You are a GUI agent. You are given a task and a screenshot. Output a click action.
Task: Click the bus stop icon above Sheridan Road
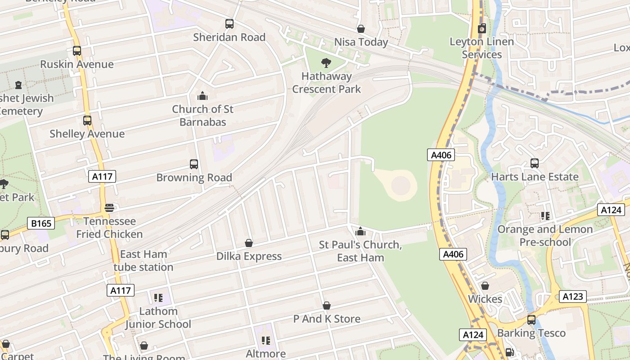point(229,24)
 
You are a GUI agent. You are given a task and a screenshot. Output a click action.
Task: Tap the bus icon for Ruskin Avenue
point(77,51)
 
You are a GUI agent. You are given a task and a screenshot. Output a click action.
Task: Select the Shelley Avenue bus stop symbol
point(87,121)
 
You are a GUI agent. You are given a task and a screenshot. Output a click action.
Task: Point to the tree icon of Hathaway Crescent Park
point(326,63)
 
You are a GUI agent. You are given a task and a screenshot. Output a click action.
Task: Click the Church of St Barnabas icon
point(202,96)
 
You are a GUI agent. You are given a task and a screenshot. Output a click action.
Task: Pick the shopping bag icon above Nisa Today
point(361,29)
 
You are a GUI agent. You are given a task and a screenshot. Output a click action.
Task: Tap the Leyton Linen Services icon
point(481,28)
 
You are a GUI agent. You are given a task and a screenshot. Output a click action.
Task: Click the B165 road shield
point(41,223)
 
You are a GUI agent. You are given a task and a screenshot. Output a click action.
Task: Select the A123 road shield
point(573,296)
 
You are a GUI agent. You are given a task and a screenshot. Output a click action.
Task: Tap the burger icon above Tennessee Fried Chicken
point(109,208)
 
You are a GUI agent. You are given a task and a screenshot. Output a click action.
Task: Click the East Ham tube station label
point(143,261)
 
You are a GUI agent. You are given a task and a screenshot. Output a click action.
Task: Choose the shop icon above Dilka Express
point(249,243)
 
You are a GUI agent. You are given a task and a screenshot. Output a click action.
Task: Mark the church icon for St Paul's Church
point(360,231)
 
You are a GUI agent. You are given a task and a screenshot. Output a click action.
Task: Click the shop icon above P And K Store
point(327,306)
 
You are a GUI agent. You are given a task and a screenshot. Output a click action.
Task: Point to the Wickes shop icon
point(485,286)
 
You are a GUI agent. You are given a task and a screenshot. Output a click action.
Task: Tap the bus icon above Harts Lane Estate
point(535,163)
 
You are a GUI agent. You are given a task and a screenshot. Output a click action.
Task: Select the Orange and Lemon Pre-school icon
point(545,216)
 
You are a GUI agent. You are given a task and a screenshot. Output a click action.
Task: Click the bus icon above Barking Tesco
point(531,320)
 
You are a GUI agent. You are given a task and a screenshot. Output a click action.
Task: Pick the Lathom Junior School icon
point(158,297)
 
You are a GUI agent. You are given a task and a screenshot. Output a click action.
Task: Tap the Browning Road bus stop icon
point(194,164)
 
